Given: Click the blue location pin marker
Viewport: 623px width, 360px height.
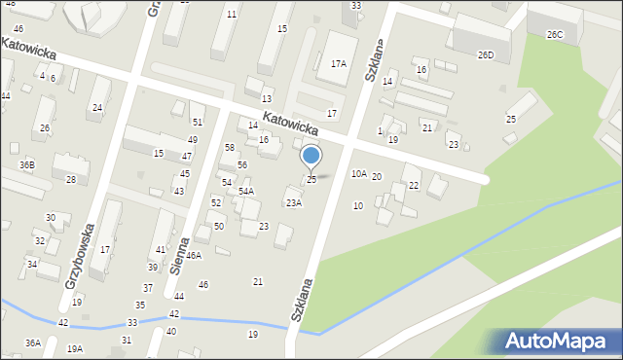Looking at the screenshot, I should (311, 156).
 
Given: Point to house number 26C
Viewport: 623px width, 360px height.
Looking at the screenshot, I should (555, 35).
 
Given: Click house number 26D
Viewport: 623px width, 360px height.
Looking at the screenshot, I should (486, 55).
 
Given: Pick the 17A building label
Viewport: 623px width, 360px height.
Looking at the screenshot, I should (338, 64).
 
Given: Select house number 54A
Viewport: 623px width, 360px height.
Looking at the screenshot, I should (246, 192).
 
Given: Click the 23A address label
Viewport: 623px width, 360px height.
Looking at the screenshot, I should (293, 202).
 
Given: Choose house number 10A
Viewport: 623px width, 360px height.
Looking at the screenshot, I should (359, 173).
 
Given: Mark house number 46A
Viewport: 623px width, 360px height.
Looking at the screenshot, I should (194, 255).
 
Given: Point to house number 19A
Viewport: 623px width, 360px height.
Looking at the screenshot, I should (75, 348).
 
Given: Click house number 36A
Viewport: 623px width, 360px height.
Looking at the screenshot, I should (33, 342).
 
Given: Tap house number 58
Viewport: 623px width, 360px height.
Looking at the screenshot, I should (230, 147).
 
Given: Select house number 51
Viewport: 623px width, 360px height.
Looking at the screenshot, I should (198, 122).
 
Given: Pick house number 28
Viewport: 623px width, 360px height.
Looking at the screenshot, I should (71, 179).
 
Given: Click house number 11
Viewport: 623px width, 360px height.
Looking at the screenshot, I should (231, 15).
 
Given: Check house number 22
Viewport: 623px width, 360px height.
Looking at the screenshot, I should (414, 185).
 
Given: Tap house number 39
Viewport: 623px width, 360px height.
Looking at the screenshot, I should (153, 267).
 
